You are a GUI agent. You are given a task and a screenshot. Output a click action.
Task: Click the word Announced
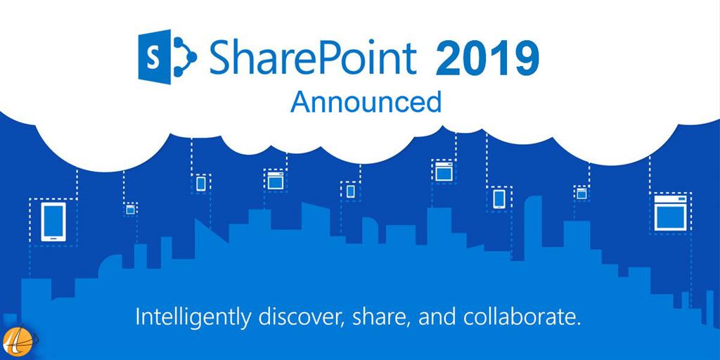point(366,102)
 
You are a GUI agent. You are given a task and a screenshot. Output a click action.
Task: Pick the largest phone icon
point(53,221)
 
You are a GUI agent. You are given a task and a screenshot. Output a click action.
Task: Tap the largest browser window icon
point(670,212)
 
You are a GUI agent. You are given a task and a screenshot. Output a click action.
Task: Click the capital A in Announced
point(299,102)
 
